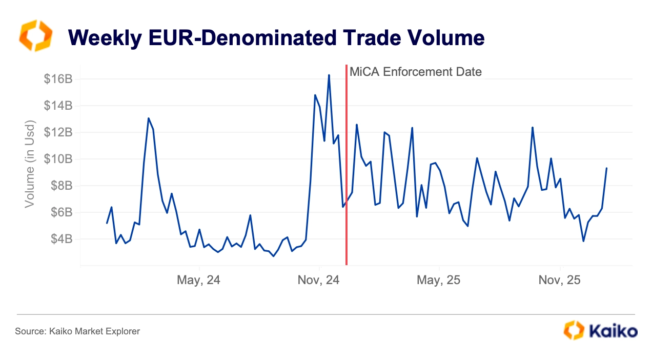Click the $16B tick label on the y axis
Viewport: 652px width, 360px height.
click(58, 79)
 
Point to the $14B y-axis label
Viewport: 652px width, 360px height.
click(58, 106)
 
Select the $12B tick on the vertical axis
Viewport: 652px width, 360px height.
click(58, 132)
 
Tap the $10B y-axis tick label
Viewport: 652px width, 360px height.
click(58, 159)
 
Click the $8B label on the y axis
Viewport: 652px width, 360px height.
click(61, 186)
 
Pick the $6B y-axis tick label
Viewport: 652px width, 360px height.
click(61, 212)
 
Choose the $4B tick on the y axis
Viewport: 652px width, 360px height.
click(61, 239)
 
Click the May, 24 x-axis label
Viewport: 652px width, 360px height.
click(199, 281)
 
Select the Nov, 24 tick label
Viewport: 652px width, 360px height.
click(319, 281)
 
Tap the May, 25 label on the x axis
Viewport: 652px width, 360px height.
click(439, 281)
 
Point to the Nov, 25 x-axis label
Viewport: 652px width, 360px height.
click(560, 281)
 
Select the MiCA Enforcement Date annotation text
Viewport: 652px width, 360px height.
click(416, 72)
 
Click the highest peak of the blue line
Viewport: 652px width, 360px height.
click(329, 75)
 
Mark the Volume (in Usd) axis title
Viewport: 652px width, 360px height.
click(30, 164)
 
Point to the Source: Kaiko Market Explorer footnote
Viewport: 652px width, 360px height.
click(77, 331)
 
